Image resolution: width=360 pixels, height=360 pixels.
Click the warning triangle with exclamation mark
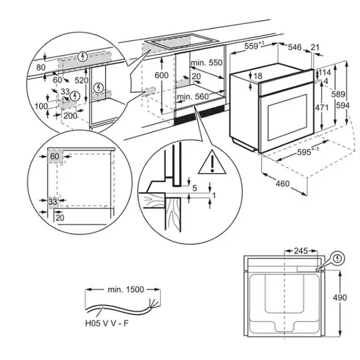[208, 165]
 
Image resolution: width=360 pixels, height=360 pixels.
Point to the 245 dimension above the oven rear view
[302, 251]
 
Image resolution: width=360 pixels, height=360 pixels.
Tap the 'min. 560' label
[193, 97]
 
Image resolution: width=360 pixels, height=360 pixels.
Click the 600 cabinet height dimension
[162, 76]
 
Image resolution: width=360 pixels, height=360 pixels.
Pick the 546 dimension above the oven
[294, 47]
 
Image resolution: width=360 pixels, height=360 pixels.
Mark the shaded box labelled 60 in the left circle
[54, 156]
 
